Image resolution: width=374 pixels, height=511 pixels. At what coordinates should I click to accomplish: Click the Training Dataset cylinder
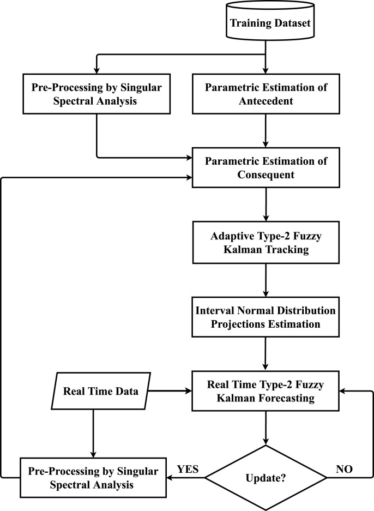click(266, 23)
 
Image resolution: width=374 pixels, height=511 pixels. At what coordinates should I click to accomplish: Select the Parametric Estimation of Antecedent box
click(266, 94)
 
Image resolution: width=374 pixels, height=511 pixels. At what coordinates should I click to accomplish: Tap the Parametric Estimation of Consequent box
click(266, 167)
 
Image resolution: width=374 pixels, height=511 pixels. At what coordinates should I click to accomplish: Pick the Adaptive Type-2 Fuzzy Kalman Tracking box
click(266, 243)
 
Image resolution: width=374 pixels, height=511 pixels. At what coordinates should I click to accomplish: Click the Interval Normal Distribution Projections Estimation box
click(266, 317)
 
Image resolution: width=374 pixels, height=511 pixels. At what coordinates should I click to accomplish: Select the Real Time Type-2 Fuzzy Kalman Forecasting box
click(266, 392)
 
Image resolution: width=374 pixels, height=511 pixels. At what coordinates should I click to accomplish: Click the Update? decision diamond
click(266, 478)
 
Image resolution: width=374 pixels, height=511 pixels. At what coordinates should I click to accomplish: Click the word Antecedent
click(266, 101)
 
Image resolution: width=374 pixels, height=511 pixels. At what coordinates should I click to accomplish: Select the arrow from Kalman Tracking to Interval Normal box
click(266, 280)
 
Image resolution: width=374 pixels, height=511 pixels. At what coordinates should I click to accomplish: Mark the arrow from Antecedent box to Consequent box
click(266, 131)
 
